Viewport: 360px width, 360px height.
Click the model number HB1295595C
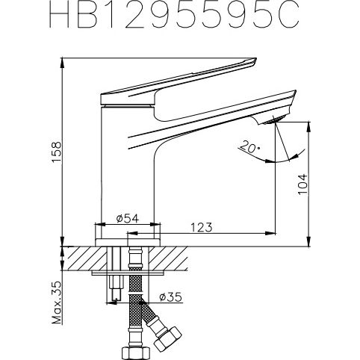pos(179,16)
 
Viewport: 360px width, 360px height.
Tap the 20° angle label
pos(249,146)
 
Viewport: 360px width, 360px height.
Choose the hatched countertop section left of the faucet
pos(82,258)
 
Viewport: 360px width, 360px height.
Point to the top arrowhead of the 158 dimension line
pos(61,61)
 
